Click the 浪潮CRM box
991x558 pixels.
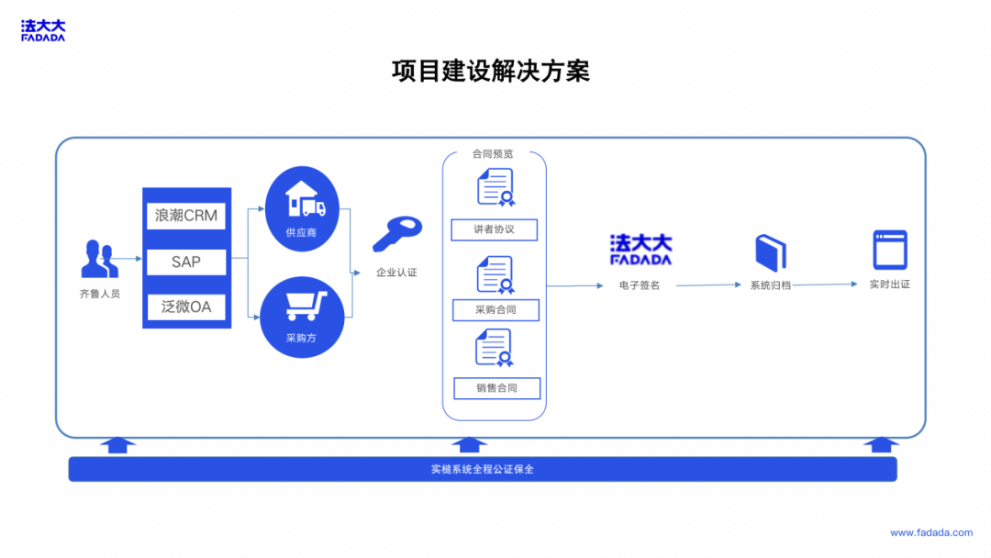pos(186,216)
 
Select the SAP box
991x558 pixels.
pos(186,262)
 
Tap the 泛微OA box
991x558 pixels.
pos(186,307)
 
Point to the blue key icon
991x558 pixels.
pos(396,232)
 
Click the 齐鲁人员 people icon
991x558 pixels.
pos(99,259)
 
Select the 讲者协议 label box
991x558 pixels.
pos(495,229)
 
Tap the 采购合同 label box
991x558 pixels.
pos(495,309)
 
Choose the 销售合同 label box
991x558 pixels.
pos(496,388)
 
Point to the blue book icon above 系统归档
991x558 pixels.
pos(771,252)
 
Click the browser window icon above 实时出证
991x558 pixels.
pos(889,250)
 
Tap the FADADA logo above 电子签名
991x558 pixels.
pos(640,250)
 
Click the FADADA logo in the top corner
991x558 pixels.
pos(43,31)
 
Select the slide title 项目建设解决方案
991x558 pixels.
pos(491,71)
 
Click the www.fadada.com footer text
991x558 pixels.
pos(930,532)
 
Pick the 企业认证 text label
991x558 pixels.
pos(396,273)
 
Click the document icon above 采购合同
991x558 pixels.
pos(495,273)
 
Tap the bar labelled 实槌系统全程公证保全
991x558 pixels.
pos(482,469)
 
